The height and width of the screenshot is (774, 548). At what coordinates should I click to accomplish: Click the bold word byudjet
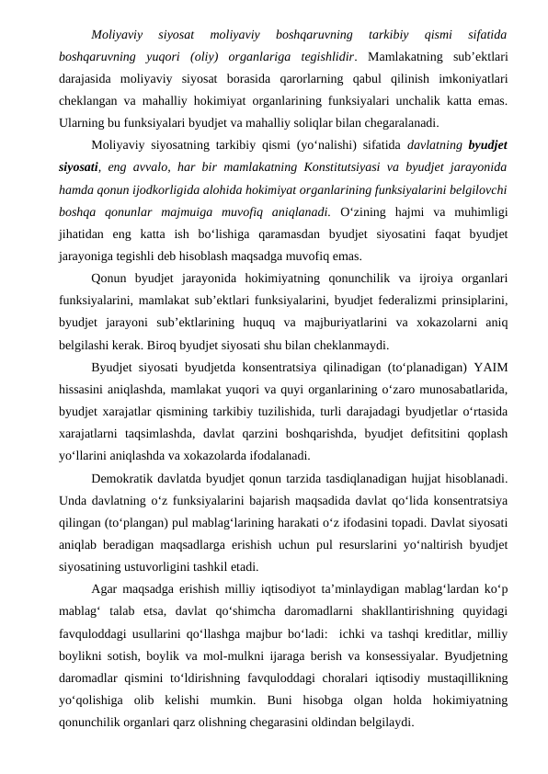[490, 145]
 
